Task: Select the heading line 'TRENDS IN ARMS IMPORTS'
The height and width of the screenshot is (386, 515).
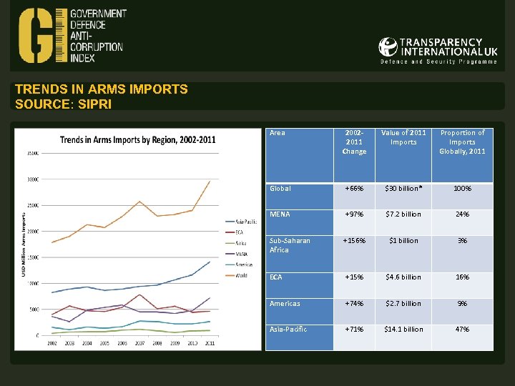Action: tap(102, 89)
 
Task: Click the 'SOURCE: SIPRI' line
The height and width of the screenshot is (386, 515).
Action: tap(63, 104)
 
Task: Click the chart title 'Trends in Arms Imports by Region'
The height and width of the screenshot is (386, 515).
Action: tap(137, 139)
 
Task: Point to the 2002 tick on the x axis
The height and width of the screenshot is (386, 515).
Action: tap(52, 344)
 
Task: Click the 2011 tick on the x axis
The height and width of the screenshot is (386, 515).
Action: tap(209, 344)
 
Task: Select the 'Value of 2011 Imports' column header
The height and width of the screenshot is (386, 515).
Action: tap(403, 137)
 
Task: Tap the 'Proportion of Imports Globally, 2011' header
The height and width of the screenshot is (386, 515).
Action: tap(462, 142)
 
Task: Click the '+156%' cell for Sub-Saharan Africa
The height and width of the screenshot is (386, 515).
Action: tap(354, 241)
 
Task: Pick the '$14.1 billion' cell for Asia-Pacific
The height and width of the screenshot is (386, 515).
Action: tap(403, 330)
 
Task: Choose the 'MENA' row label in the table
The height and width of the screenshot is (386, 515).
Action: tap(280, 214)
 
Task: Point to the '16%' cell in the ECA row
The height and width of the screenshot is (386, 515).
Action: tap(462, 277)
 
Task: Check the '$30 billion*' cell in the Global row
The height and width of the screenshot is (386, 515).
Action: tap(403, 189)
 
